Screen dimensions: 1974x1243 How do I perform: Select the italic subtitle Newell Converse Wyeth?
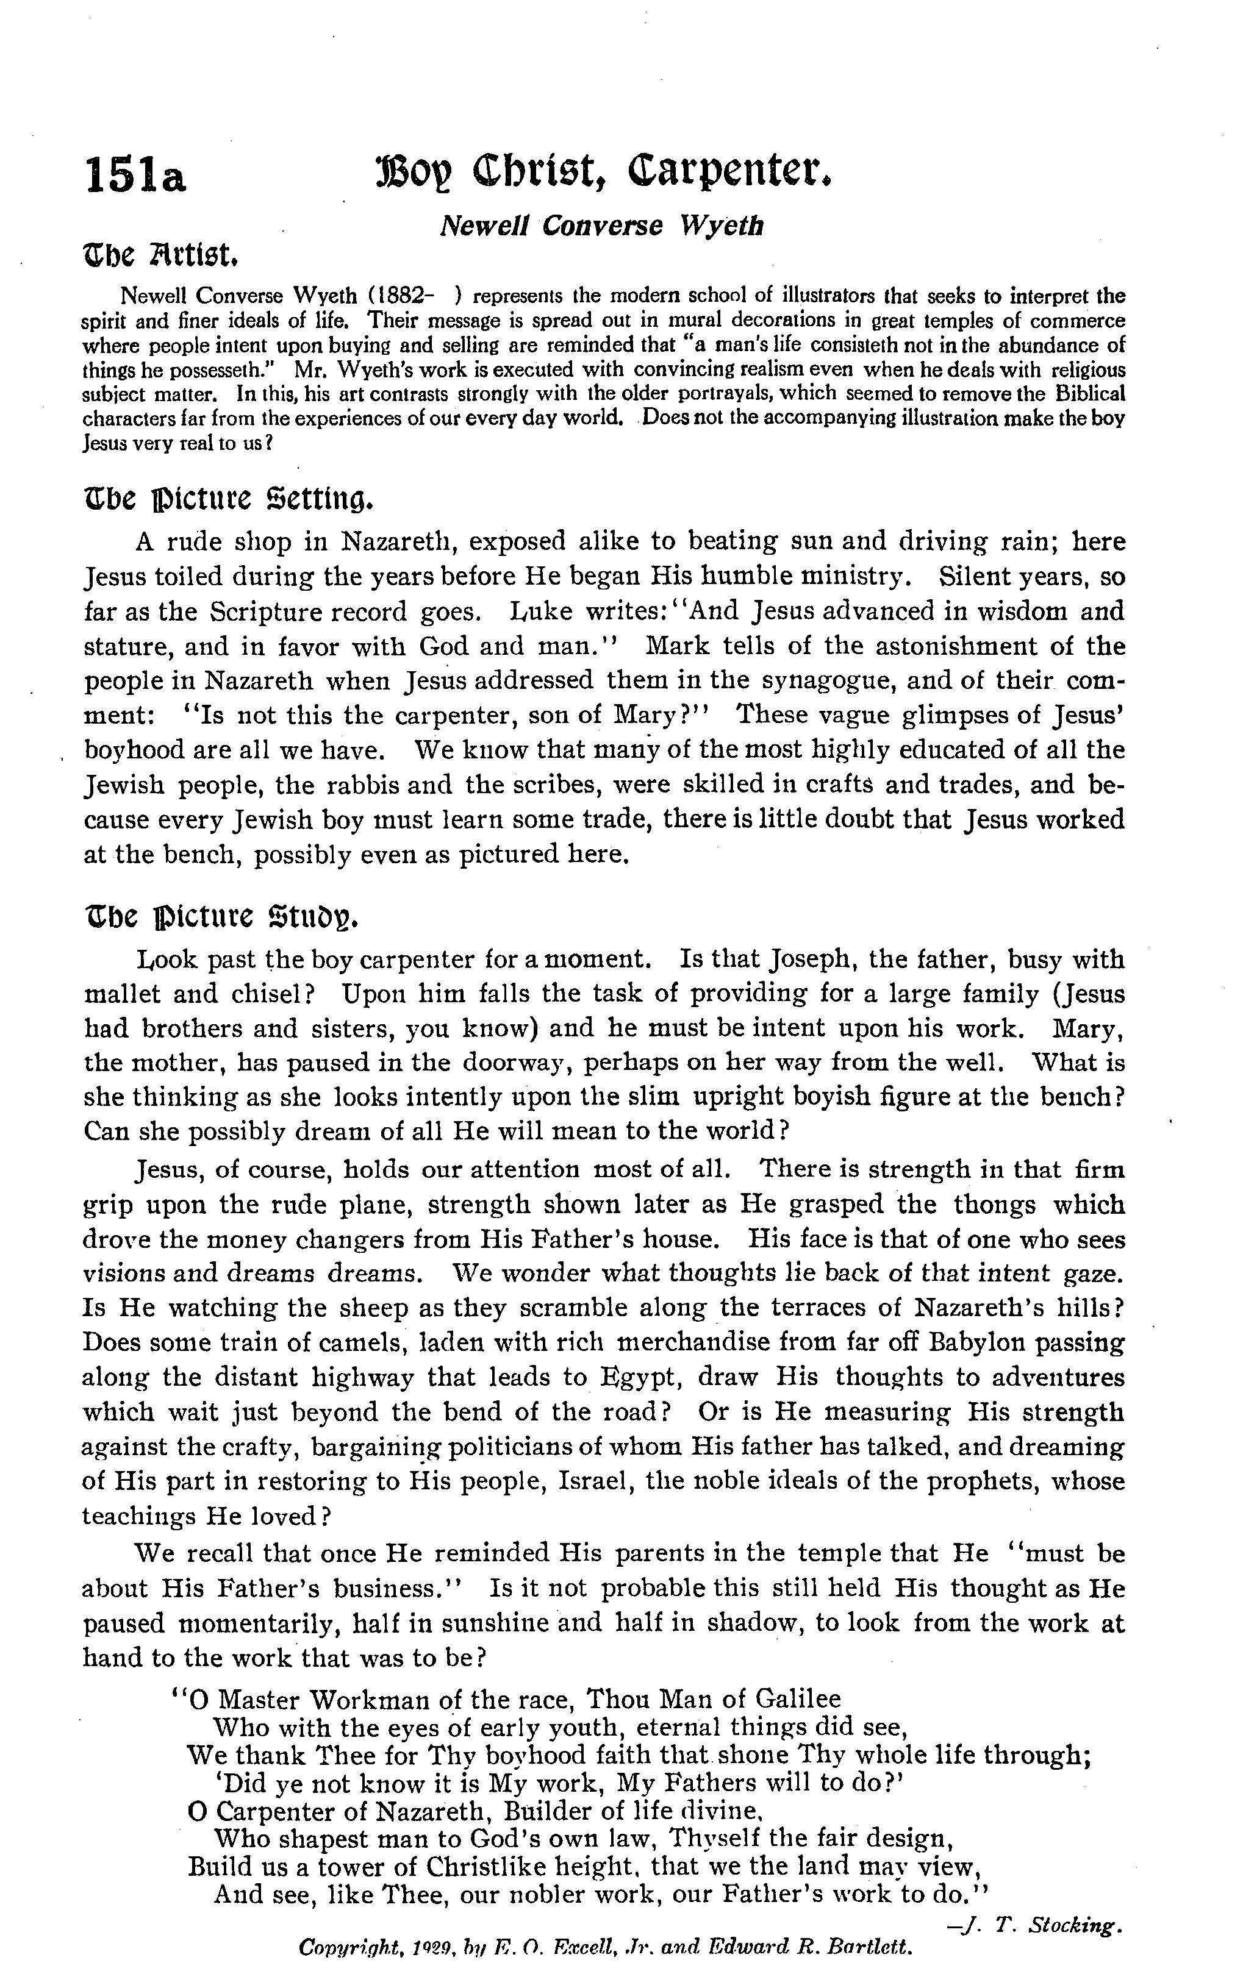(601, 226)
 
